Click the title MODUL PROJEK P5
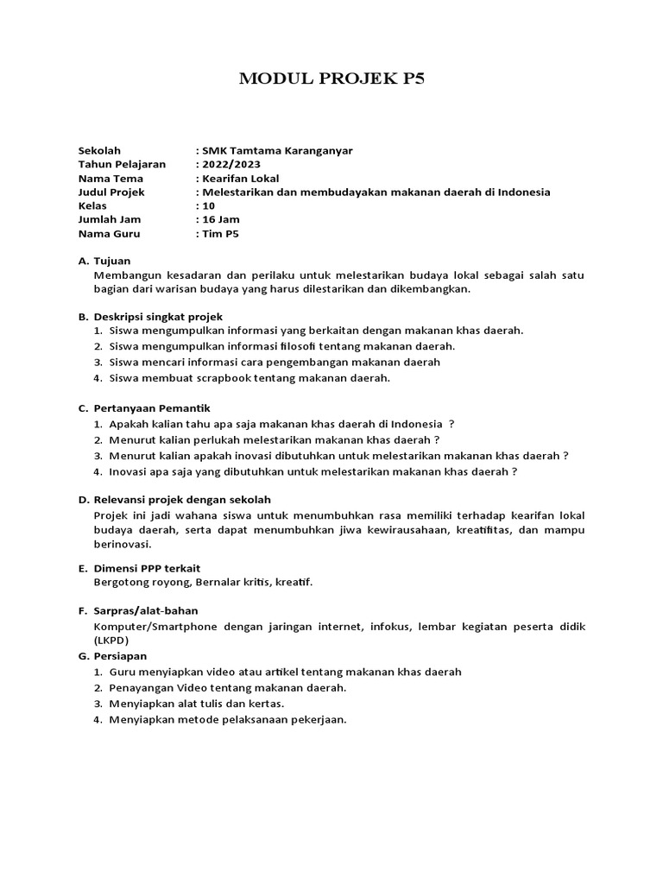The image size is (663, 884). (331, 80)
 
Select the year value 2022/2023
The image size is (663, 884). (230, 164)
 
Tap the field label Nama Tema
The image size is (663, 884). (110, 178)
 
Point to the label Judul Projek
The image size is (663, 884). (111, 192)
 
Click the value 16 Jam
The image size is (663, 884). (221, 219)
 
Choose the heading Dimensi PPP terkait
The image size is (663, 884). (147, 568)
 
